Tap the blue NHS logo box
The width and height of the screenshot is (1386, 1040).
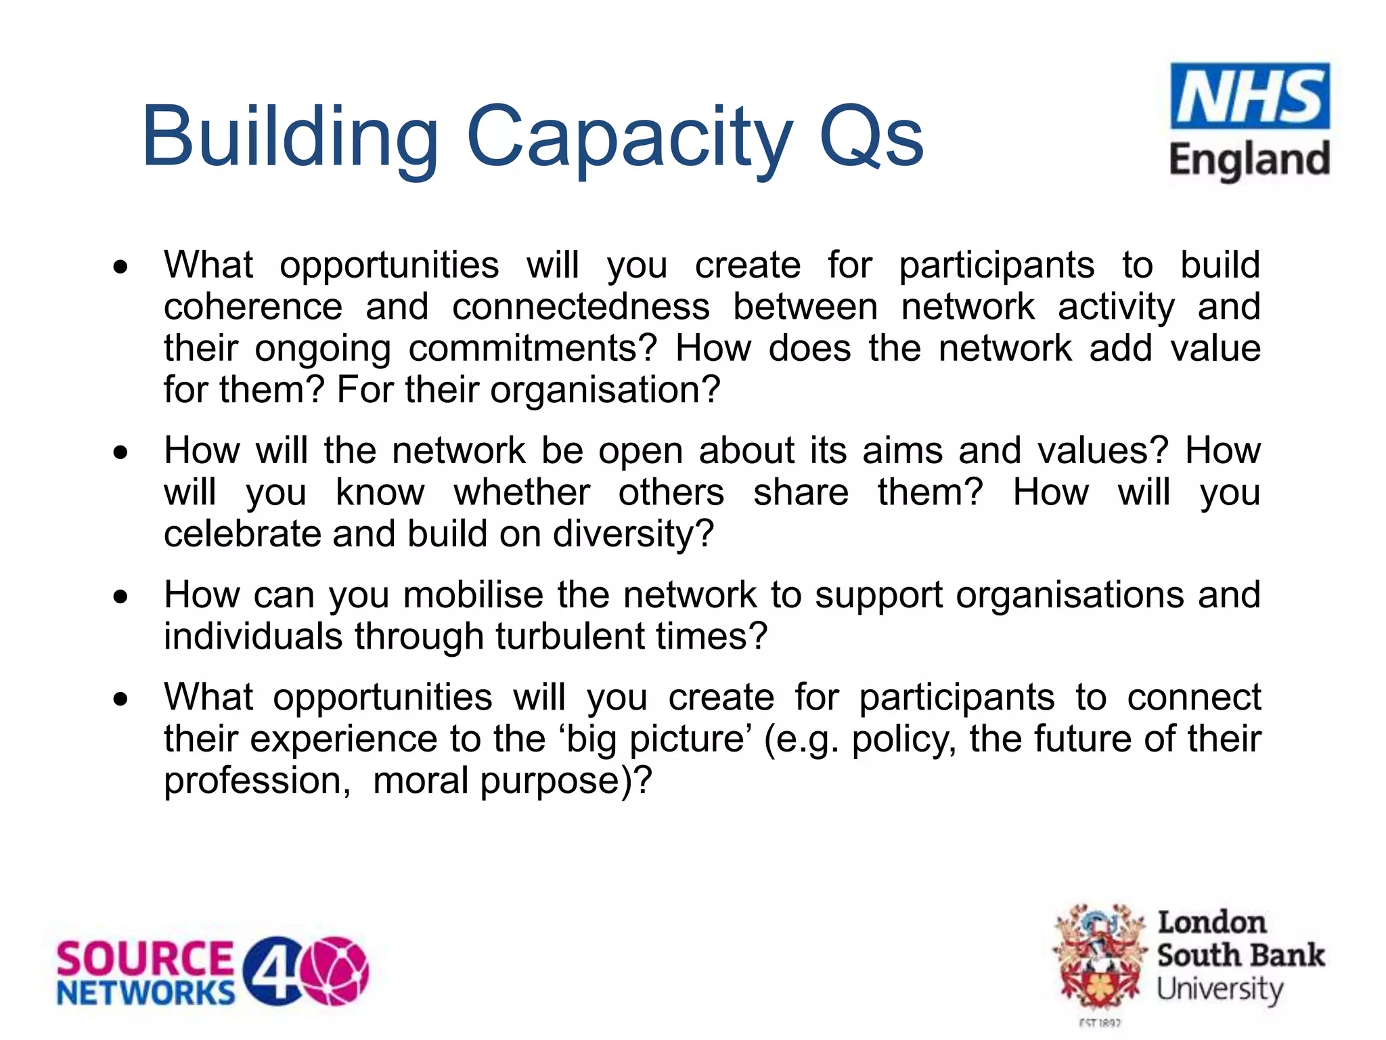[1249, 96]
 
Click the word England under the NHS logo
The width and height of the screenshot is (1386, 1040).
[1249, 161]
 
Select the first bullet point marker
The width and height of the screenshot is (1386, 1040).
[120, 267]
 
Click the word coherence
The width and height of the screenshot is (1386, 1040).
[252, 307]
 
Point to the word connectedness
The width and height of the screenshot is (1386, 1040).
[581, 307]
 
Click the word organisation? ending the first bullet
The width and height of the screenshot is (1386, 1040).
[604, 391]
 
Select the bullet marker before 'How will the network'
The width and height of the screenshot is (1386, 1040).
[120, 452]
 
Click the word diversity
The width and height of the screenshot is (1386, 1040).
[633, 534]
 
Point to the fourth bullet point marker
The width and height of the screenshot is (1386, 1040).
[120, 699]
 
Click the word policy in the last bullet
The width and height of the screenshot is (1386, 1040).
[904, 739]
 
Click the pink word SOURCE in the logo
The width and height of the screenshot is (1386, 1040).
[144, 959]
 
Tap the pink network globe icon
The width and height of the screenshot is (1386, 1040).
[334, 971]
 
